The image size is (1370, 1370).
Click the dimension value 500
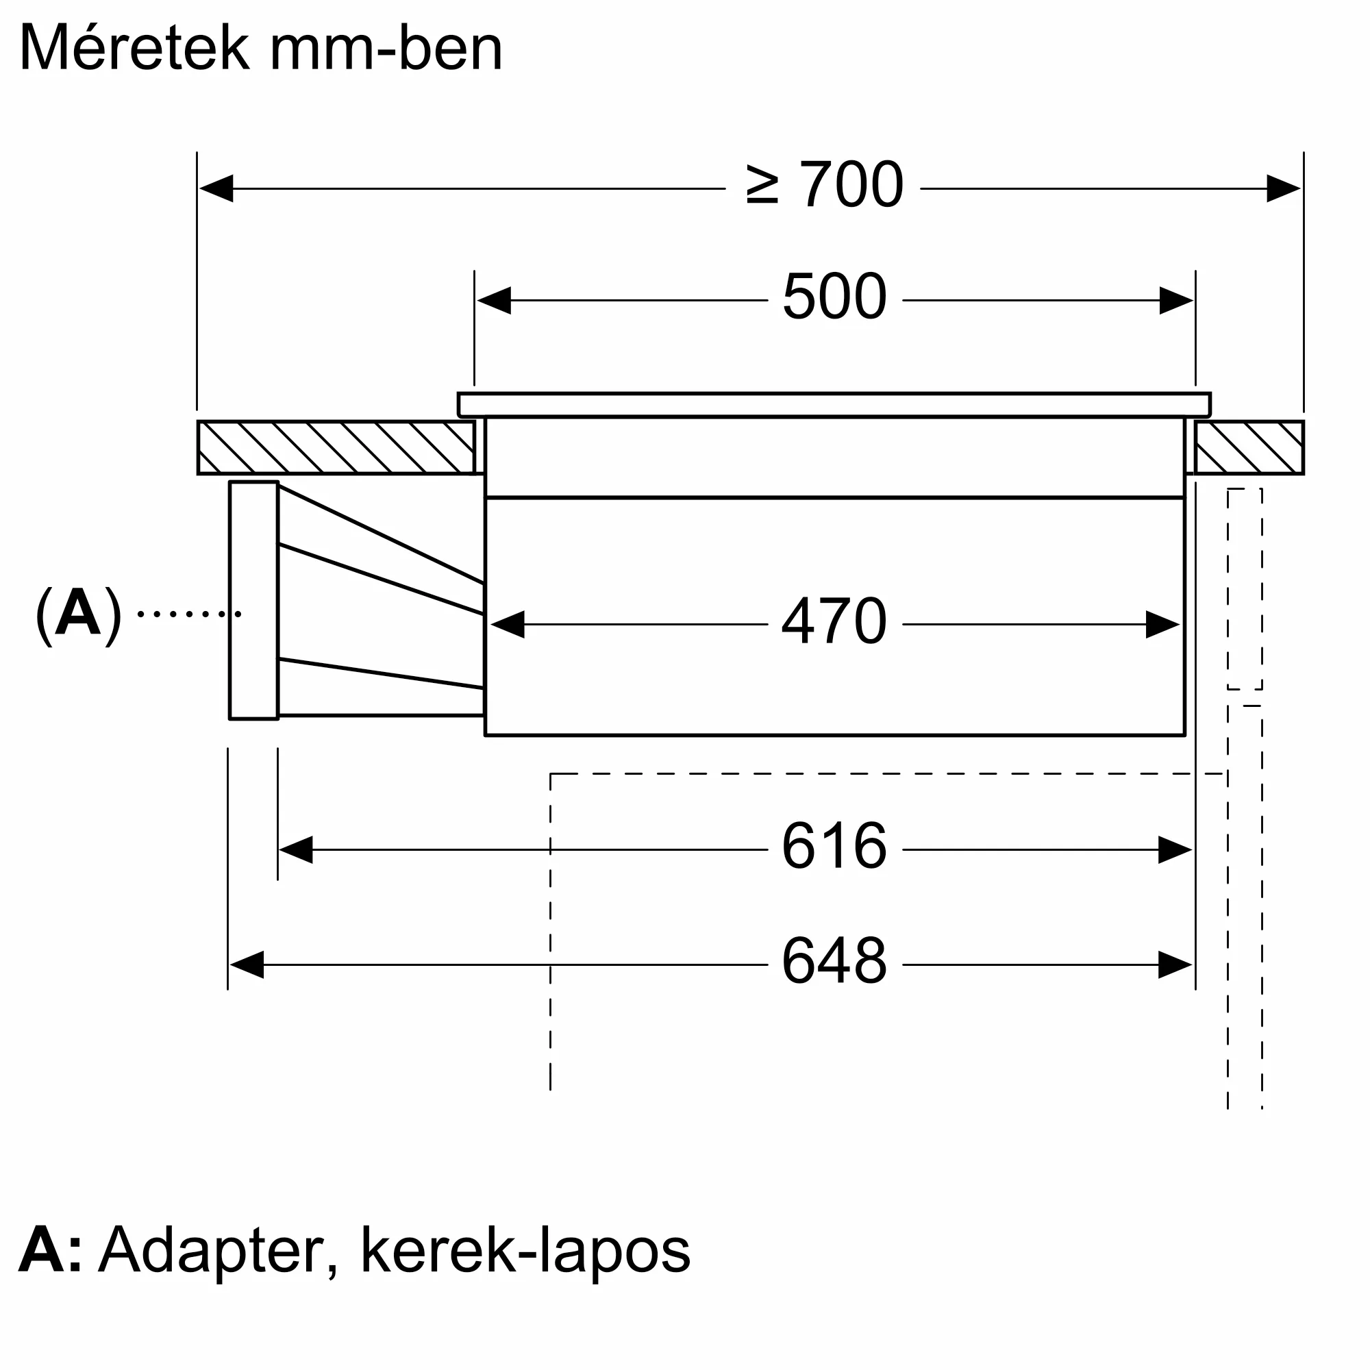coord(834,297)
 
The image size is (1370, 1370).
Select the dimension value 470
coord(834,621)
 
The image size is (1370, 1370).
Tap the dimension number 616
coord(834,846)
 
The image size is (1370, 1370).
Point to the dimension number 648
coord(834,961)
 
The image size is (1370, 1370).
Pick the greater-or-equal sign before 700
coord(763,186)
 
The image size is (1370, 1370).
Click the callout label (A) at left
coord(78,614)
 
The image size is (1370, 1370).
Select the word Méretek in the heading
coord(135,48)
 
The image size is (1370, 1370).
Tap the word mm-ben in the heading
coord(386,48)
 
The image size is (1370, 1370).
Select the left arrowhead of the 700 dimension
coord(216,188)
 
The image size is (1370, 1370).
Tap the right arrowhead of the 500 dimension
coord(1176,301)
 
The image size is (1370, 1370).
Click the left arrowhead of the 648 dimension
coord(247,965)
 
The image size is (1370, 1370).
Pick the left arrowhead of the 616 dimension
coord(296,849)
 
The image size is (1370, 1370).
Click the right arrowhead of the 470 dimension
coord(1163,625)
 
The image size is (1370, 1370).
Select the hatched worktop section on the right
coord(1249,447)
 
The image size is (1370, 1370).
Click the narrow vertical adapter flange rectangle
coord(254,601)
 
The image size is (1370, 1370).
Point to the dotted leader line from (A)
coord(189,614)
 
